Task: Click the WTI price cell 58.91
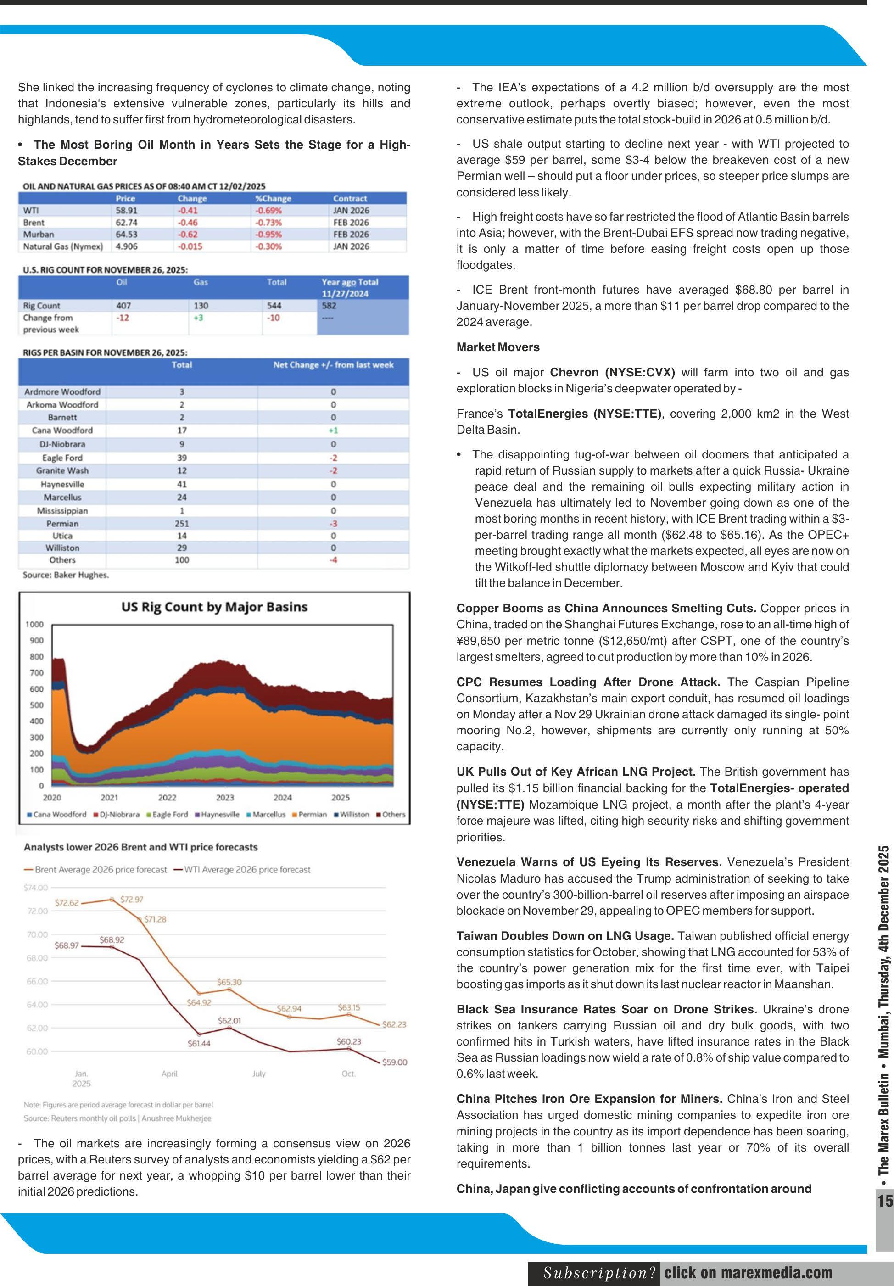coord(126,211)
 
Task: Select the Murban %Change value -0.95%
coord(268,234)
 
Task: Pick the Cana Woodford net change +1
coord(333,430)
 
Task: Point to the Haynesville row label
coord(62,484)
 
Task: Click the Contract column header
coord(350,198)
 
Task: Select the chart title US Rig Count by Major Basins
coord(214,607)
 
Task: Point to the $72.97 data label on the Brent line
coord(132,899)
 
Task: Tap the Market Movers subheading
coord(497,347)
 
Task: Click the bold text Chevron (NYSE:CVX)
coord(612,373)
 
